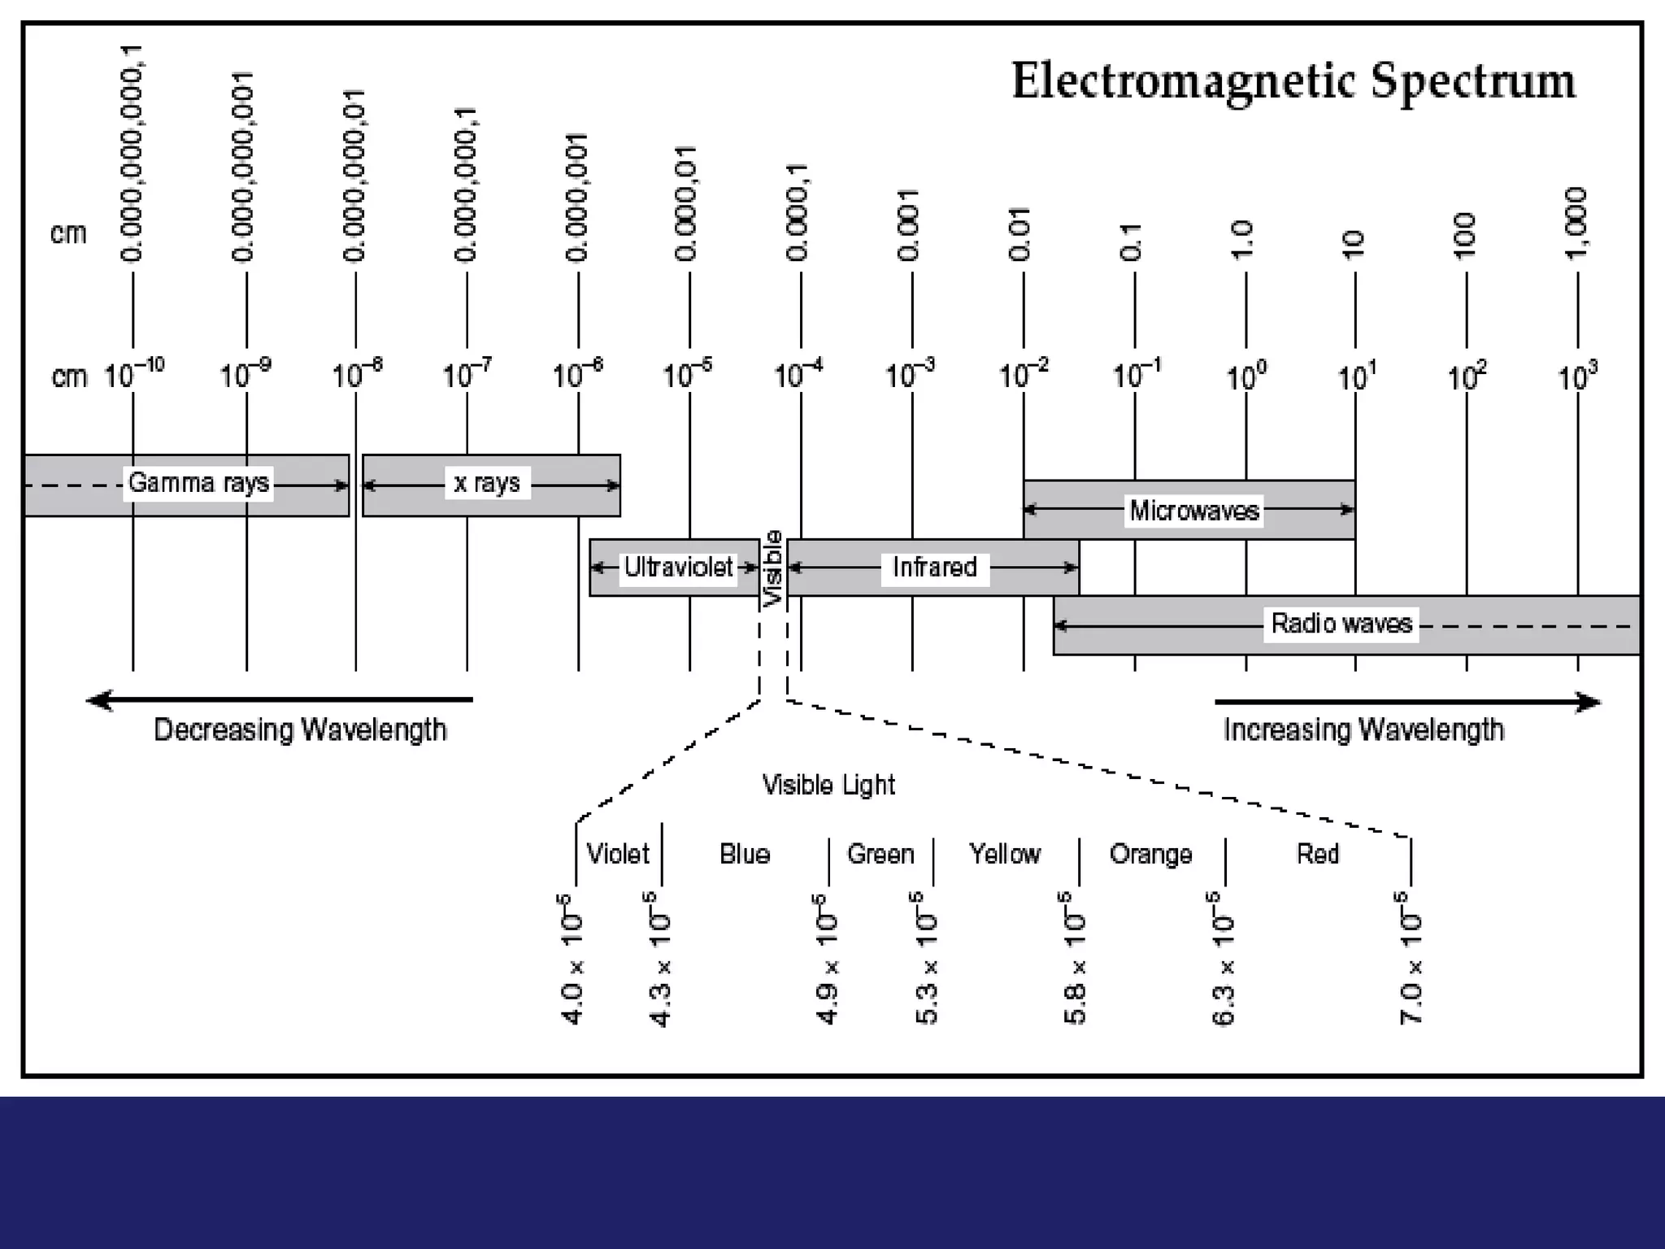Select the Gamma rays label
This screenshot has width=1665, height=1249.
tap(198, 483)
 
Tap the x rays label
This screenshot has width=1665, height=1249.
tap(486, 483)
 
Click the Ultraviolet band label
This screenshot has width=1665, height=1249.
tap(678, 567)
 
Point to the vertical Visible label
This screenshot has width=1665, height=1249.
tap(773, 568)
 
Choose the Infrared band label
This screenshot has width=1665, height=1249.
tap(934, 567)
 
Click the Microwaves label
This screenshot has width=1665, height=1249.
tap(1193, 511)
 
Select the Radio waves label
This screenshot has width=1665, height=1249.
tap(1341, 624)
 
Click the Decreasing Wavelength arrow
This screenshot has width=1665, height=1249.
tap(280, 700)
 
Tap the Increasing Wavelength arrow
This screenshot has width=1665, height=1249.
tap(1407, 702)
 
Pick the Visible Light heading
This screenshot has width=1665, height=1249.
tap(828, 785)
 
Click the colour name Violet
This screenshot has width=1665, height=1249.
tap(618, 854)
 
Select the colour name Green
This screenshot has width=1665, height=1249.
tap(880, 854)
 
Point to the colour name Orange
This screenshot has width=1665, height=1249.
tap(1150, 854)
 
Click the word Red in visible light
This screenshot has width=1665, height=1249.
tap(1317, 854)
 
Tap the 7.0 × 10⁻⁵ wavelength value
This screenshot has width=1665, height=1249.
tap(1410, 958)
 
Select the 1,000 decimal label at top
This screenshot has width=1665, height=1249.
tap(1576, 224)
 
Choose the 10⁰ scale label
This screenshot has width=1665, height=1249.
tap(1246, 376)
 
